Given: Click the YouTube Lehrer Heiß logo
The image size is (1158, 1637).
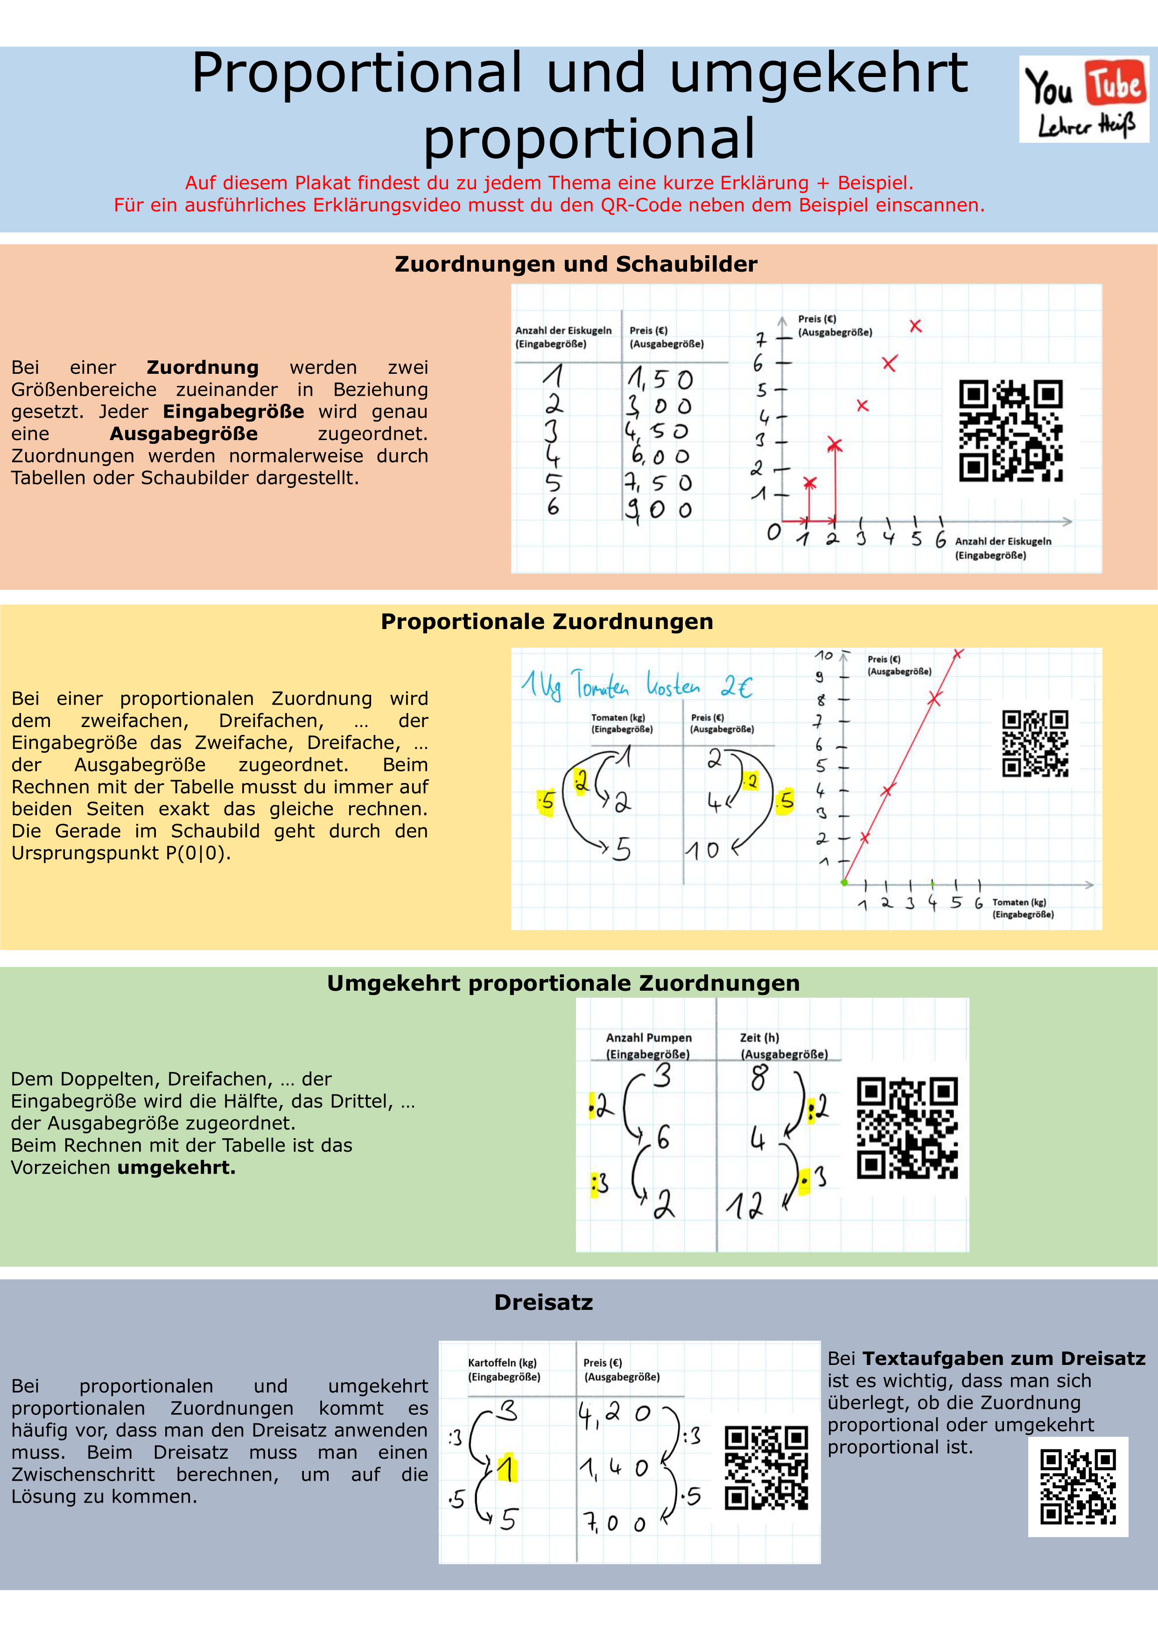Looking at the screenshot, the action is point(1084,98).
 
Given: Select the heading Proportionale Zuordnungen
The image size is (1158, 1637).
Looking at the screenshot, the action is point(547,622).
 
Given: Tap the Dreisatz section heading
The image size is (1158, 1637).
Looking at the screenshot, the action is point(543,1302).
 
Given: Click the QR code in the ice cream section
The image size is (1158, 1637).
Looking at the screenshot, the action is point(1011,431).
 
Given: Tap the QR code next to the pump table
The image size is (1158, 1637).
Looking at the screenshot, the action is point(907,1128).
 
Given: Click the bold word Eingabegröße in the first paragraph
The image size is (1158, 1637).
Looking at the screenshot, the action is point(233,412).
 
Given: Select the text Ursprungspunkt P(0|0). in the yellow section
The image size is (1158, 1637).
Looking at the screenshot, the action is point(121,853).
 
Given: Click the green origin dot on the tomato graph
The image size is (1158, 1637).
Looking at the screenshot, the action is point(844,883).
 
